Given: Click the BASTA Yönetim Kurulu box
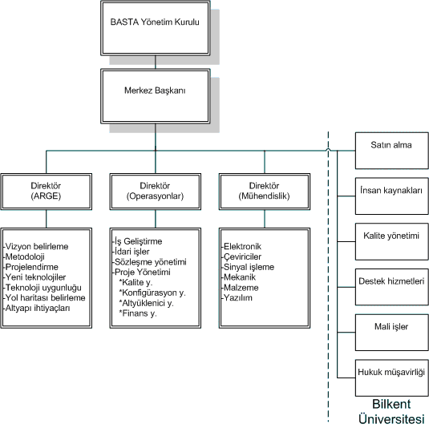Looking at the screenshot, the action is coord(155,28).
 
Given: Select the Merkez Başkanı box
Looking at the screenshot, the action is coord(155,96).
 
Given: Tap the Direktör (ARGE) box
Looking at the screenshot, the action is coord(47,192).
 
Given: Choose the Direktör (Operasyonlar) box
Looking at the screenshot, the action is coord(155,192).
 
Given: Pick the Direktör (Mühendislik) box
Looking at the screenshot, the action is coord(265,192).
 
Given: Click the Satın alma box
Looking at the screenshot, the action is coord(392,151).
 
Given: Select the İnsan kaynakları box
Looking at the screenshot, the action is coord(392,196).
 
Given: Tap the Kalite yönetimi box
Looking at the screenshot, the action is coord(392,241).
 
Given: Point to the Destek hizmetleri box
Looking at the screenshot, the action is coord(392,287).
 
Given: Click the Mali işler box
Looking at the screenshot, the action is coord(392,333).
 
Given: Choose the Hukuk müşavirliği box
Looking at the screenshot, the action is coord(392,378).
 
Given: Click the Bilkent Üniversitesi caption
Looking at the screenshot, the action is coord(391,412).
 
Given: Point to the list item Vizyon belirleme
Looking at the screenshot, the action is coord(36,246).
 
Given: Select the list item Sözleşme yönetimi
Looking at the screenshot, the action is coord(149,262).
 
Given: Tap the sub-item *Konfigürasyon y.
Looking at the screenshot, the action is coord(152,293).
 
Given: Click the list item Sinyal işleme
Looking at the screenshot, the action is coord(248,267).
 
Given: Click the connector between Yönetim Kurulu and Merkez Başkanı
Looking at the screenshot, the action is coord(155,63).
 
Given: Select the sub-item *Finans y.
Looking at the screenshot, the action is coord(138,313).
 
